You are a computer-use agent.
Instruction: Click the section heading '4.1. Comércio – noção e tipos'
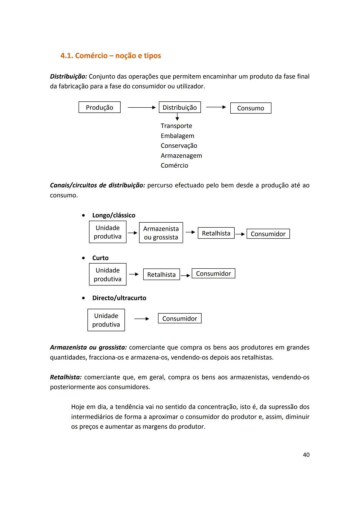click(111, 56)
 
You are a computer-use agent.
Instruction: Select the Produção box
click(99, 107)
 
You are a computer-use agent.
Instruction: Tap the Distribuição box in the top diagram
click(180, 107)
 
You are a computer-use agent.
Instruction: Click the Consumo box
click(250, 108)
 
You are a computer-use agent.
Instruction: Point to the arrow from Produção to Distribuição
click(141, 107)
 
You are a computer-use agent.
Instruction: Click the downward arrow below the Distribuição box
click(177, 117)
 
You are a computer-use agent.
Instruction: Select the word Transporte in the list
click(176, 126)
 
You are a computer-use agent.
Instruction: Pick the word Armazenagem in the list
click(181, 156)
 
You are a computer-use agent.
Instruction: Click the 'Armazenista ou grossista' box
click(161, 233)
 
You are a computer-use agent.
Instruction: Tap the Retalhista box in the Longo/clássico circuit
click(216, 233)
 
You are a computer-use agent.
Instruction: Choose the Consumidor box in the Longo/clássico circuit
click(268, 234)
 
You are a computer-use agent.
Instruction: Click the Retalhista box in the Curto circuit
click(161, 274)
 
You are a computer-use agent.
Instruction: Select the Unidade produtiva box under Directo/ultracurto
click(106, 320)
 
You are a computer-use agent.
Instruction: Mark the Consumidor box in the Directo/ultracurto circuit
click(179, 318)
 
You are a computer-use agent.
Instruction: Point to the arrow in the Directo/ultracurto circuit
click(141, 319)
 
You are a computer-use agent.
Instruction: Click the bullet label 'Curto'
click(100, 258)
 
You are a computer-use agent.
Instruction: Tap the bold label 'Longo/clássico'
click(114, 215)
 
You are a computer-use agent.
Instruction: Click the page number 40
click(306, 455)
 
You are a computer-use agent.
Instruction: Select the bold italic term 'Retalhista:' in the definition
click(66, 377)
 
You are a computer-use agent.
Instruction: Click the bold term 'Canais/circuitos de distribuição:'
click(97, 185)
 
